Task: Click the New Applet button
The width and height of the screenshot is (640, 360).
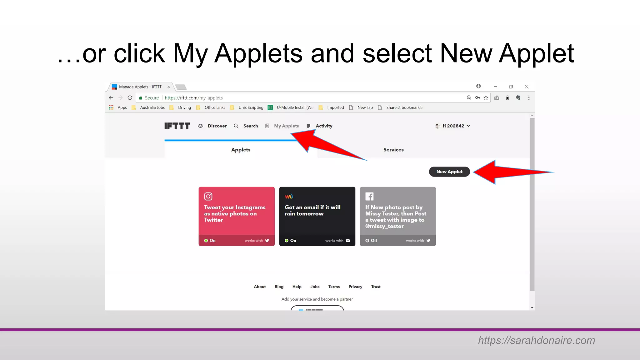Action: point(449,172)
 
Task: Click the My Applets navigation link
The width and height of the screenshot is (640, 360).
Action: point(286,126)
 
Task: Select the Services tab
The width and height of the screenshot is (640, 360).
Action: point(393,150)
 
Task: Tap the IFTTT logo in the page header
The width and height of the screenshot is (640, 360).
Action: point(177,126)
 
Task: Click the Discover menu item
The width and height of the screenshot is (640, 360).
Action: point(217,126)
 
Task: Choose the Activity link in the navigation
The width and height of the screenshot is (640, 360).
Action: point(323,126)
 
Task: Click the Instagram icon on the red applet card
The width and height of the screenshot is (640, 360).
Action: point(208,196)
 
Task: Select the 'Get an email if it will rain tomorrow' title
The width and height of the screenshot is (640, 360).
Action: point(312,210)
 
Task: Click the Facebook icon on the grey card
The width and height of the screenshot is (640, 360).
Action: point(369,196)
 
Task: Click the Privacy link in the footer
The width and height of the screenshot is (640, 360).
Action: point(355,287)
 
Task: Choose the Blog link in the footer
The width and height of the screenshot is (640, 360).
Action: point(279,287)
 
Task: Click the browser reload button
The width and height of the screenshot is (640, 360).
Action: point(130,98)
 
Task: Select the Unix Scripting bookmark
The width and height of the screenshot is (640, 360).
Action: point(251,107)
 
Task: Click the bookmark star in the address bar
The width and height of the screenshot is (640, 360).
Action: point(486,98)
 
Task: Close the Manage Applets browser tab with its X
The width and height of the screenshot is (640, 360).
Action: point(168,87)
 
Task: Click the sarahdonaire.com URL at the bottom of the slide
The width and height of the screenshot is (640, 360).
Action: point(536,340)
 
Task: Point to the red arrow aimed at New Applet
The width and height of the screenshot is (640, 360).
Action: point(512,172)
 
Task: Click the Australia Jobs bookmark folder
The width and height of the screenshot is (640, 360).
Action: point(152,107)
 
